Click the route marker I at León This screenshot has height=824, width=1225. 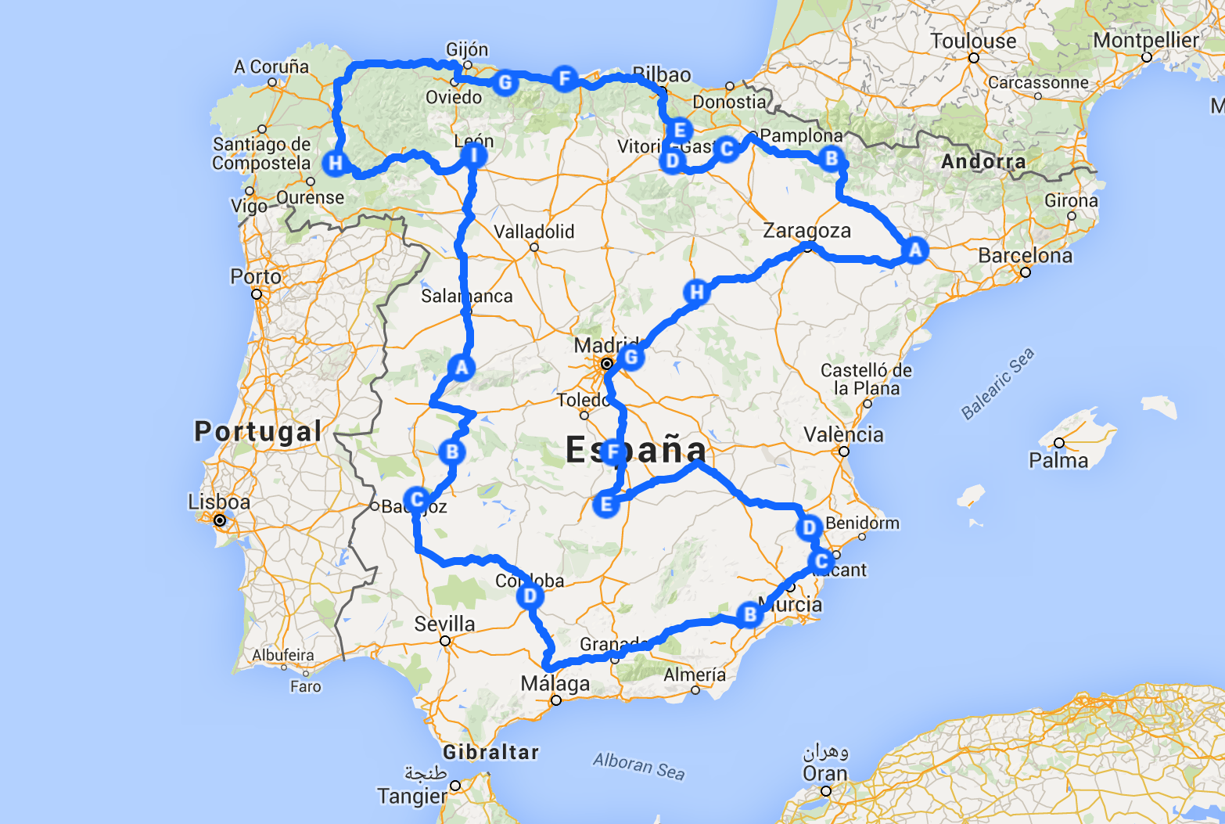coord(473,156)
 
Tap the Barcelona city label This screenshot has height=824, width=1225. coord(1025,256)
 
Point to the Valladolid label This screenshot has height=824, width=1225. coord(534,232)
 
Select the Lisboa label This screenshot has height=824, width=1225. coord(219,502)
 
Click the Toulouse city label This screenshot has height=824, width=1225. coord(973,41)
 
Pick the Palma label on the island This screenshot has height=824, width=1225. coord(1058,460)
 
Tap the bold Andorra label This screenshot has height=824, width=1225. coord(983,162)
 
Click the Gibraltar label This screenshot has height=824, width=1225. coord(491,753)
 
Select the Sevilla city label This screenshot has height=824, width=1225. coord(444,624)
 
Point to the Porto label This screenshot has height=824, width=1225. coord(256,277)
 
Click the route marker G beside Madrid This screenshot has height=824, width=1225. coord(630,358)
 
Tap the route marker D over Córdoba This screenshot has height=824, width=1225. coord(530,596)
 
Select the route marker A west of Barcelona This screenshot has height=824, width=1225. coord(914,250)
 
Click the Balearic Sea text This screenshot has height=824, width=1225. coord(997,383)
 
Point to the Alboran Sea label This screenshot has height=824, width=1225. coord(638,765)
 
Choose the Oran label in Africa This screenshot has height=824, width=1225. coord(825,773)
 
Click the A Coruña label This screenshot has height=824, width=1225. coord(271,67)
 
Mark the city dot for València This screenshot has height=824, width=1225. coord(844,452)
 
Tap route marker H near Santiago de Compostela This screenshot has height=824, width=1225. coord(336,163)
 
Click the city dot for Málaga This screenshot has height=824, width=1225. coord(556,700)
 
